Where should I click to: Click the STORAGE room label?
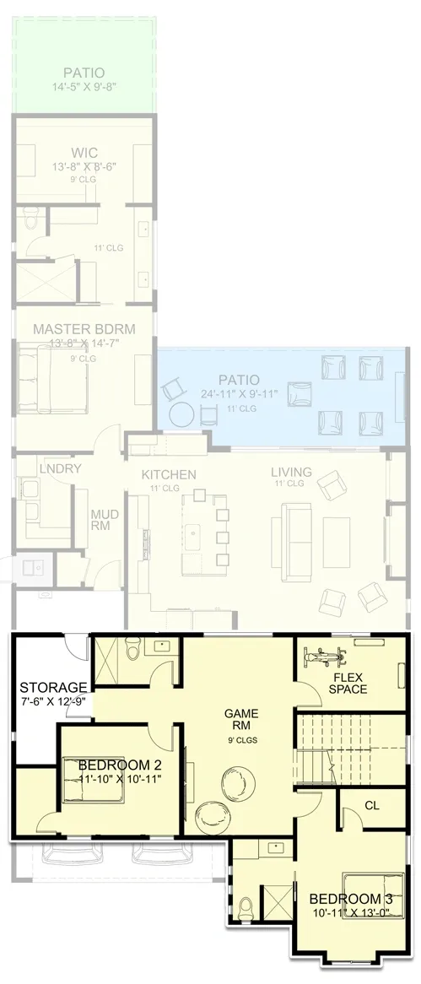[54, 687]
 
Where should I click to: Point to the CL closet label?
[372, 805]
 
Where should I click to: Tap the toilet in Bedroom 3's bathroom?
[246, 910]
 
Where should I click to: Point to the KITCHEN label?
[169, 474]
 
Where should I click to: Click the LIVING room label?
[291, 472]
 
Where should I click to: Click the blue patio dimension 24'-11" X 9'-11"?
[238, 393]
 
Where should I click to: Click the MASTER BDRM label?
[84, 328]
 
